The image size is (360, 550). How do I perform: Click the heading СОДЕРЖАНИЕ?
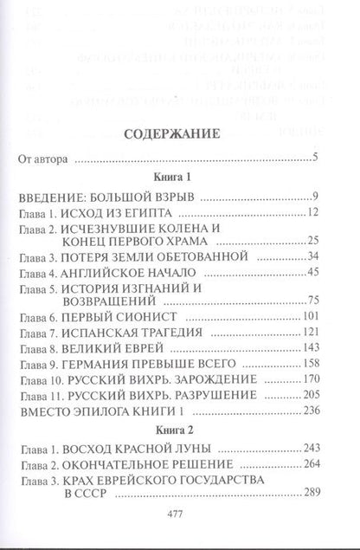click(x=180, y=135)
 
